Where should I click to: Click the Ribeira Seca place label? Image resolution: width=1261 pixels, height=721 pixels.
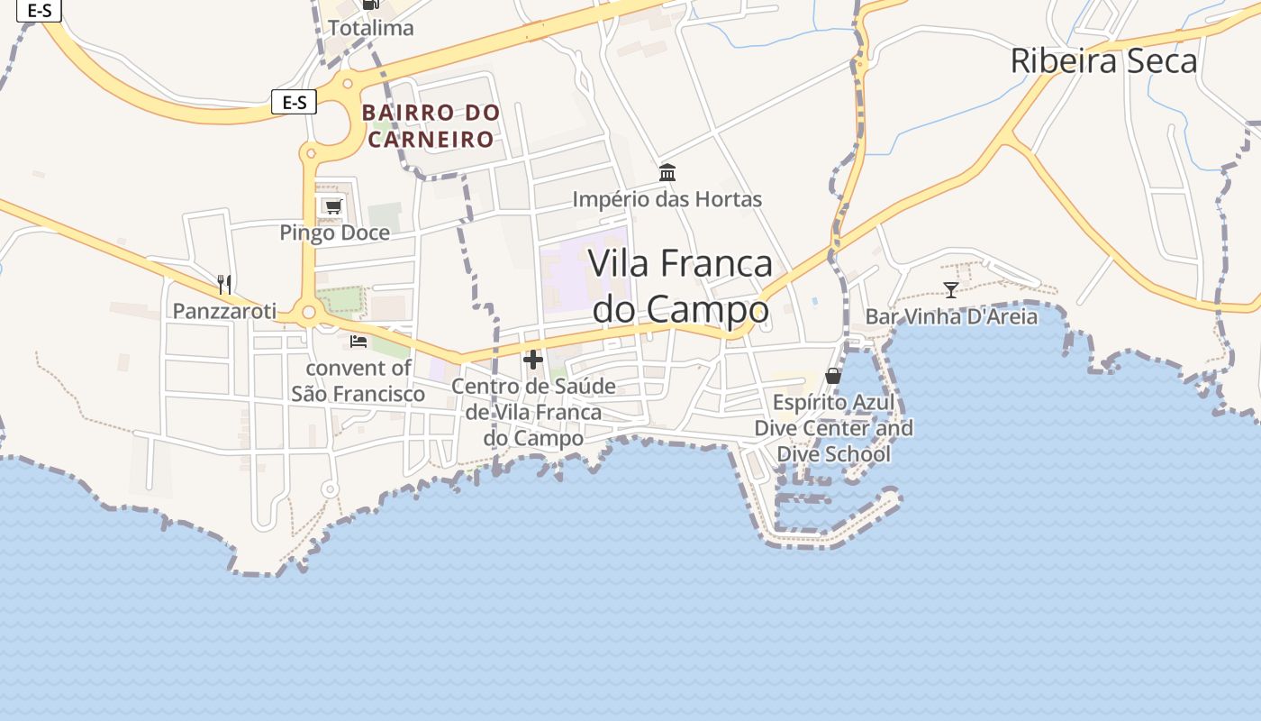tap(1103, 61)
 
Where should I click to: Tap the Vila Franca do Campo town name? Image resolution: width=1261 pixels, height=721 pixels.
tap(681, 287)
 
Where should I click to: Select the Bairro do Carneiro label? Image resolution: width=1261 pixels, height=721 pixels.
tap(431, 126)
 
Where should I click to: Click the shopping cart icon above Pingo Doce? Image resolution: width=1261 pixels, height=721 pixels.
tap(333, 206)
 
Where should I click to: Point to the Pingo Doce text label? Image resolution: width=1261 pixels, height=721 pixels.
tap(334, 233)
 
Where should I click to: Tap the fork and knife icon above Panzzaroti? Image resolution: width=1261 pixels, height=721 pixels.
tap(224, 285)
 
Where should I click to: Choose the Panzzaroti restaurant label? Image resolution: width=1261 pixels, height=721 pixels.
tap(224, 311)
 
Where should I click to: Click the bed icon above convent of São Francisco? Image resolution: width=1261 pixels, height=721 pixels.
tap(358, 342)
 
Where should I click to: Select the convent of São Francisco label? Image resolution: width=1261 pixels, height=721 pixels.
tap(358, 380)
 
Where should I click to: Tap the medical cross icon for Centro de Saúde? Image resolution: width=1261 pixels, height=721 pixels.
tap(533, 360)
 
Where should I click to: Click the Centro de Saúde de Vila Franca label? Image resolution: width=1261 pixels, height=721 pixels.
tap(533, 412)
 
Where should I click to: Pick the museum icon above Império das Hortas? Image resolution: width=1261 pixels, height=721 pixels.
tap(667, 172)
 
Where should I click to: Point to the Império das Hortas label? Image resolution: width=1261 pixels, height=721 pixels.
tap(667, 199)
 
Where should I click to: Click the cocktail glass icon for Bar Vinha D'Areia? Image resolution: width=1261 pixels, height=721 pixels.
tap(951, 289)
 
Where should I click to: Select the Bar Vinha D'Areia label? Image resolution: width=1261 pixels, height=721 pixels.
tap(951, 316)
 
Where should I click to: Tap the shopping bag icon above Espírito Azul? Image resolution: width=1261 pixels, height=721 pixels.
tap(833, 376)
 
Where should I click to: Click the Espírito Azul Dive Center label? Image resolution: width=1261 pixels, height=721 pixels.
tap(833, 428)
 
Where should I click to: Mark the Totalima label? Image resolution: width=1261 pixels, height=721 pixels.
tap(371, 28)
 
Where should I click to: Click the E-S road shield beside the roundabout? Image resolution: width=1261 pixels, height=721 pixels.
tap(295, 103)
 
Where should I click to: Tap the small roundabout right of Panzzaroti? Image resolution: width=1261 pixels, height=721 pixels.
tap(309, 313)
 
